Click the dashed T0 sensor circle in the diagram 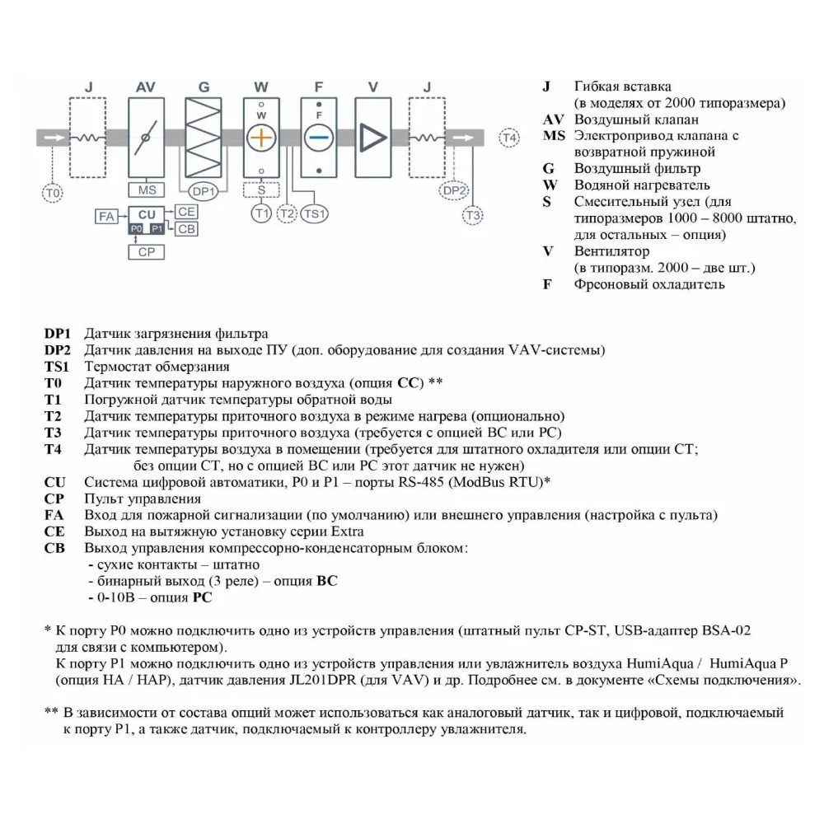point(53,193)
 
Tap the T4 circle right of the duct point(511,138)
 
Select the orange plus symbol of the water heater point(260,138)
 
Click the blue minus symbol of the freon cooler point(317,138)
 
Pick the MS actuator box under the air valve point(147,190)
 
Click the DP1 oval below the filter point(204,191)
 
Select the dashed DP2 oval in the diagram point(454,191)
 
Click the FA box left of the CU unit point(106,217)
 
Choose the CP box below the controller point(146,252)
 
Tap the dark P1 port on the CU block point(157,229)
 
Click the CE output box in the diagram point(187,212)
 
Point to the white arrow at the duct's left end point(53,138)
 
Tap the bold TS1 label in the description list point(57,367)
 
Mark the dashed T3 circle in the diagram point(472,215)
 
